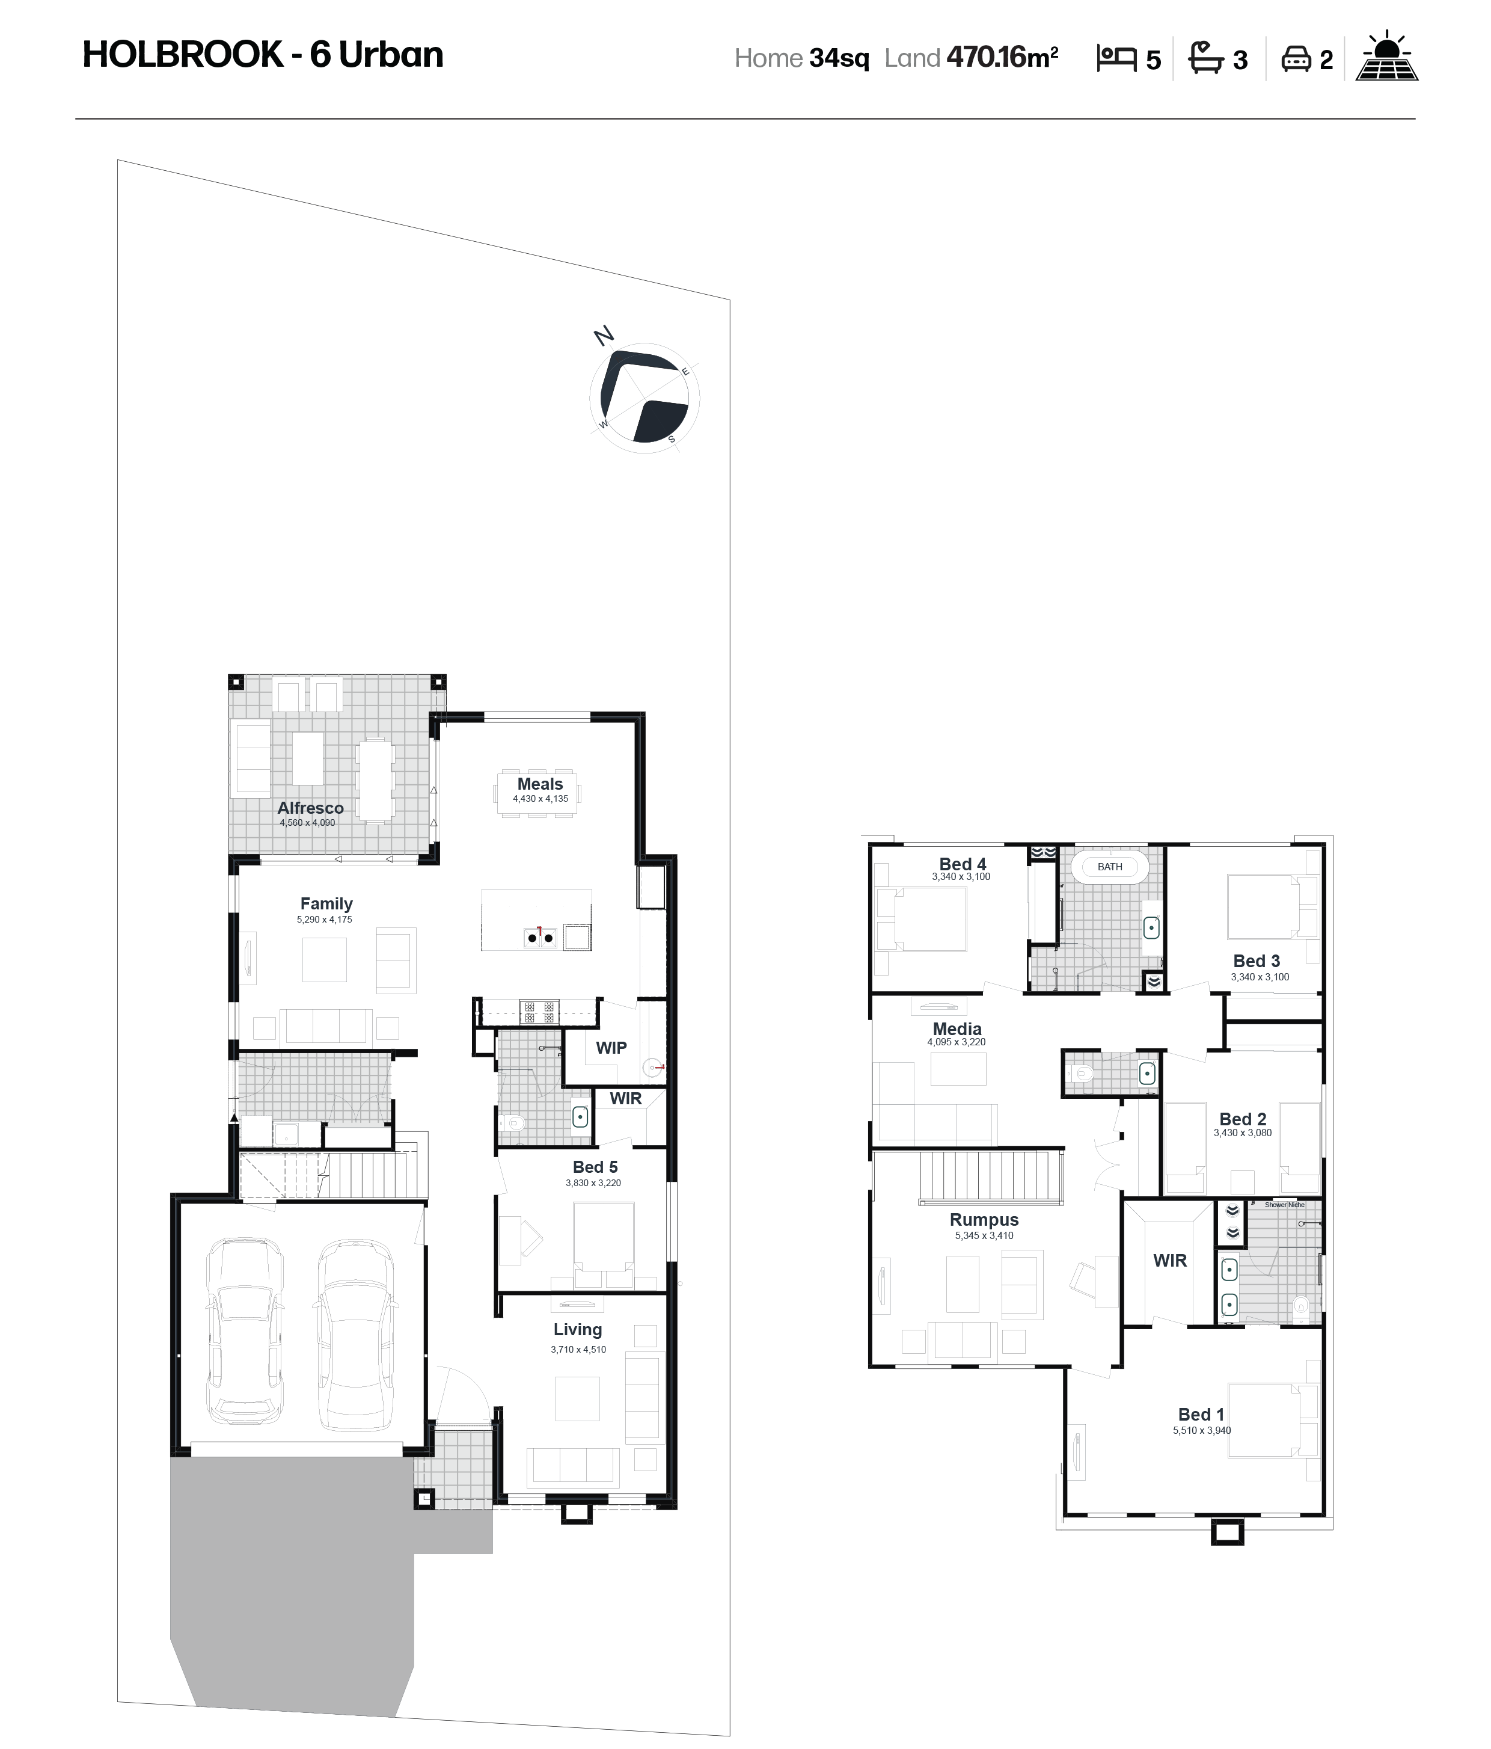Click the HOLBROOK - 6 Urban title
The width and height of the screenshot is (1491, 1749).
(x=262, y=55)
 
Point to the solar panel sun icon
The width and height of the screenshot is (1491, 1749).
(x=1386, y=57)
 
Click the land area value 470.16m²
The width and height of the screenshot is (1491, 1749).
(x=1002, y=57)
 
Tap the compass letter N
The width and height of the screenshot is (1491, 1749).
(x=604, y=336)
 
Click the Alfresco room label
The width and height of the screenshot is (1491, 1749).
(x=310, y=808)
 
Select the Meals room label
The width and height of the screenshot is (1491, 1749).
(x=540, y=783)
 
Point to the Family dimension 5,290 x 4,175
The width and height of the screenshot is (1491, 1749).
(x=324, y=919)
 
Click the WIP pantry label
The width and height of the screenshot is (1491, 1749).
(x=611, y=1048)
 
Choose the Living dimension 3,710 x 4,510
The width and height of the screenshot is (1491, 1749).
(x=578, y=1349)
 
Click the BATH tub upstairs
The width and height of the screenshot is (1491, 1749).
(x=1110, y=867)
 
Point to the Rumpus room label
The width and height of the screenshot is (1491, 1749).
(x=984, y=1220)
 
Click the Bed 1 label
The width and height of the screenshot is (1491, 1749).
(x=1201, y=1414)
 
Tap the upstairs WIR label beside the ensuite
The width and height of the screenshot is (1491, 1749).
(x=1169, y=1260)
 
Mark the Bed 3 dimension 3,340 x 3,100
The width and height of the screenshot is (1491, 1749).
(x=1260, y=977)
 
